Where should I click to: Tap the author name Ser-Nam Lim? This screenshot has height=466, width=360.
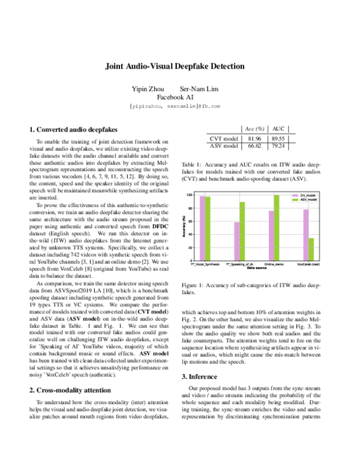coord(203,89)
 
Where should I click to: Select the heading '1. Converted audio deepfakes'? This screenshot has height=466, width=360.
coord(74,129)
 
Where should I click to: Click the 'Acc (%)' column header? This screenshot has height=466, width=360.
coord(253,129)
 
